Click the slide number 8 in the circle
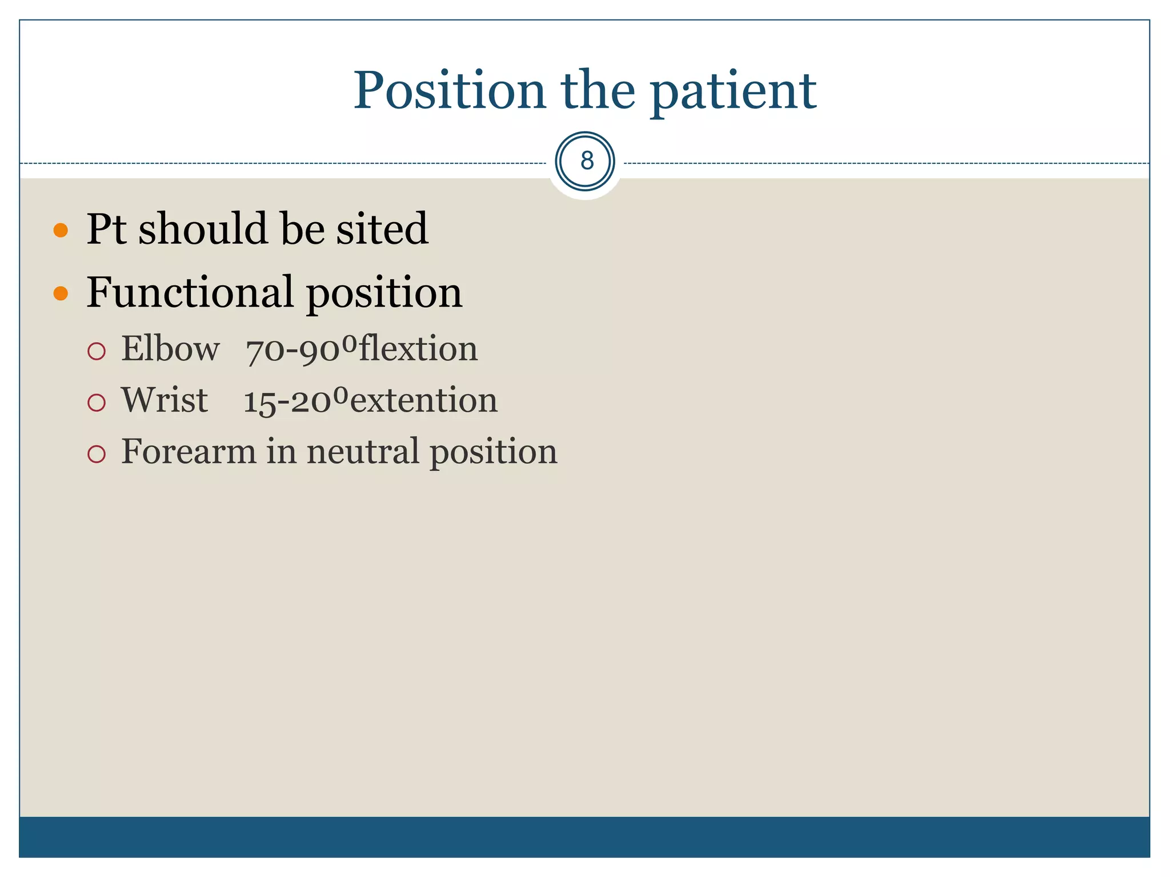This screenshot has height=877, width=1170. (586, 161)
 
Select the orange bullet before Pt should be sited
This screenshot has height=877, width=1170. (61, 231)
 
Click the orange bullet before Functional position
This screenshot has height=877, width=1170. (61, 293)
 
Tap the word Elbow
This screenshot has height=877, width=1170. (170, 349)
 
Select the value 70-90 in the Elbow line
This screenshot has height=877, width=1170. (293, 351)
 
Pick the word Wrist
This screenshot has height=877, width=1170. (164, 400)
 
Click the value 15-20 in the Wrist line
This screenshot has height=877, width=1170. (287, 402)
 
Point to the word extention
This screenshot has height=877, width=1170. (423, 401)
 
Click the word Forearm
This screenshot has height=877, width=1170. (188, 452)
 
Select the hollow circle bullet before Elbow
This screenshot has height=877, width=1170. (97, 351)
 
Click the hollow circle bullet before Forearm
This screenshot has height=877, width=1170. (97, 454)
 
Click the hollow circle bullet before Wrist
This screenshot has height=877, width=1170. (97, 403)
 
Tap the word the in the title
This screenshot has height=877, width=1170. (598, 91)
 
